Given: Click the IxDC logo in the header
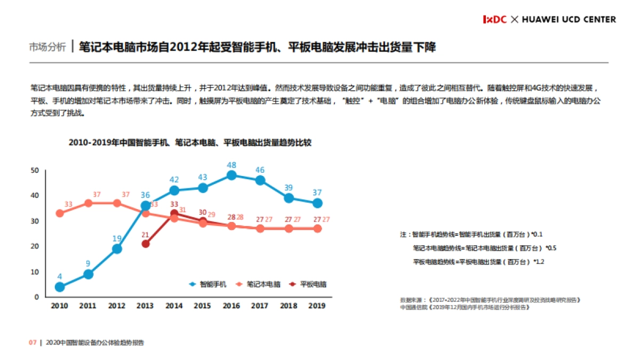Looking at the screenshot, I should [494, 19].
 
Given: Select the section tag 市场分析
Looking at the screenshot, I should [47, 47].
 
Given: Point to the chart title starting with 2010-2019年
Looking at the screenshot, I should [190, 142].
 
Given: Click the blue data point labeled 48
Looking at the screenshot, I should [231, 175].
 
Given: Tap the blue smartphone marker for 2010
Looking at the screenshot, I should [60, 287].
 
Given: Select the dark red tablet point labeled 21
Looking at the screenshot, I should [146, 244].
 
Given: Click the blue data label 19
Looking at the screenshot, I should [117, 238].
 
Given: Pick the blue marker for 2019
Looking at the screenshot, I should [317, 203].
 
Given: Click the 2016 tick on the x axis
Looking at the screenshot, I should [231, 306].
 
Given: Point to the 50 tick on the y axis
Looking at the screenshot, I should [35, 170].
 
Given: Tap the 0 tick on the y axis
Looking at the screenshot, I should [37, 297].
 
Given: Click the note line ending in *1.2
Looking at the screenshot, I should [478, 262].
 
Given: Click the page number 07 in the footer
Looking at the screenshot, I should [32, 342].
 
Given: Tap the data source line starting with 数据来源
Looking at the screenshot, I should [490, 300].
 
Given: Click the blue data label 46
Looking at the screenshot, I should [260, 170].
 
